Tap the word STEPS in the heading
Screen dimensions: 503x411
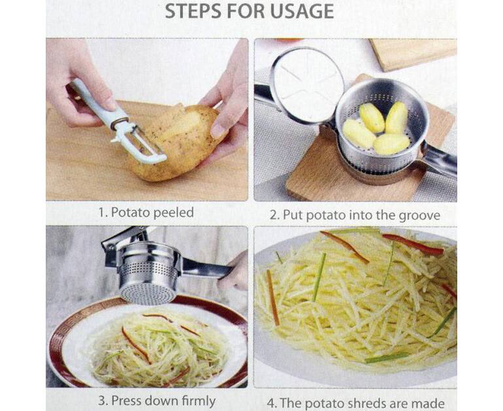point(193,11)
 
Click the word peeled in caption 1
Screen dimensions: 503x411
point(173,213)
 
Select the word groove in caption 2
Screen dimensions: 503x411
point(419,215)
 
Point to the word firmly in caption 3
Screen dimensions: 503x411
point(199,401)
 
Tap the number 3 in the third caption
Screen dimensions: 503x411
point(102,401)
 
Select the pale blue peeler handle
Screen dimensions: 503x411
point(96,102)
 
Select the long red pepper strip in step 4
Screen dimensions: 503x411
point(414,244)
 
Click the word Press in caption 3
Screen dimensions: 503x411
point(127,401)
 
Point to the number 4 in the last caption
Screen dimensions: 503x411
point(272,403)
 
